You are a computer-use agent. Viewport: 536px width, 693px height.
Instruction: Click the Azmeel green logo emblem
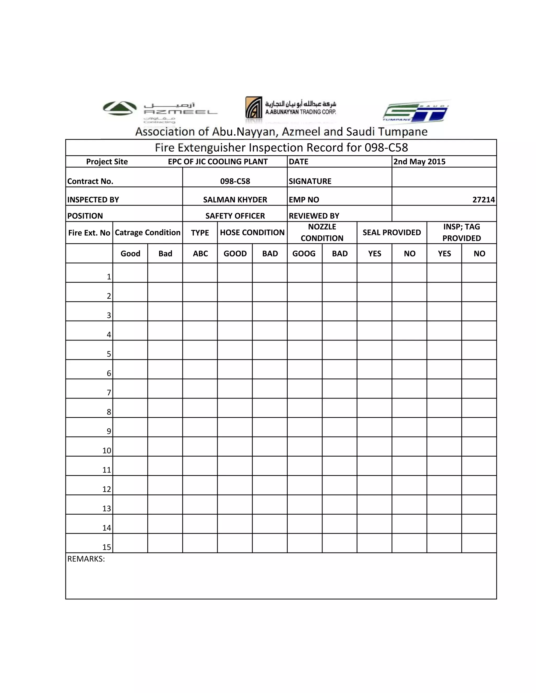click(x=120, y=108)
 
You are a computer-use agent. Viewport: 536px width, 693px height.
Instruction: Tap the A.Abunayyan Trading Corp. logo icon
click(x=254, y=107)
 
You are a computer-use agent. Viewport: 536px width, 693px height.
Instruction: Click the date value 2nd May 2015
click(x=419, y=162)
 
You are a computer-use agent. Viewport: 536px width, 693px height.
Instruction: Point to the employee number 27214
click(x=483, y=200)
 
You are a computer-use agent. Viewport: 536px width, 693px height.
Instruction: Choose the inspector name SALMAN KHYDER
click(x=235, y=200)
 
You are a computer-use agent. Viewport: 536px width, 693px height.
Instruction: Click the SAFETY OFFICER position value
click(x=235, y=216)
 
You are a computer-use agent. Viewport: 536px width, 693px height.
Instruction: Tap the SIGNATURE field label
click(x=310, y=181)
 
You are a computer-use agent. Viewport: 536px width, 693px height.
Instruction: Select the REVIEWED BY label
click(x=314, y=216)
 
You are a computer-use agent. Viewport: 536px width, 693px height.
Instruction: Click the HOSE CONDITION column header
click(x=252, y=232)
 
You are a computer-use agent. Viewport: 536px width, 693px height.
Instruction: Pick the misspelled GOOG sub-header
click(x=304, y=253)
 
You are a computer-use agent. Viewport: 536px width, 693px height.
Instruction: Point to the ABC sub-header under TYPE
click(x=200, y=253)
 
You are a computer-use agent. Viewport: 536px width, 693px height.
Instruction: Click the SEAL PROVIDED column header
click(x=392, y=232)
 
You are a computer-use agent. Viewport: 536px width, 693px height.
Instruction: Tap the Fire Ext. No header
click(x=89, y=233)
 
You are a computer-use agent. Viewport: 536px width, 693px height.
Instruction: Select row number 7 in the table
click(x=109, y=393)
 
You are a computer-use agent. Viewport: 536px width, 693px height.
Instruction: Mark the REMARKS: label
click(x=86, y=559)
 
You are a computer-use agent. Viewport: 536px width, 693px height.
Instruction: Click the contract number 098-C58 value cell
click(x=235, y=181)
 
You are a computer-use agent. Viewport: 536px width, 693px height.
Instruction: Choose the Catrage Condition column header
click(x=147, y=232)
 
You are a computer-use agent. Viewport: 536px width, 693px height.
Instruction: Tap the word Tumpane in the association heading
click(x=403, y=132)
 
